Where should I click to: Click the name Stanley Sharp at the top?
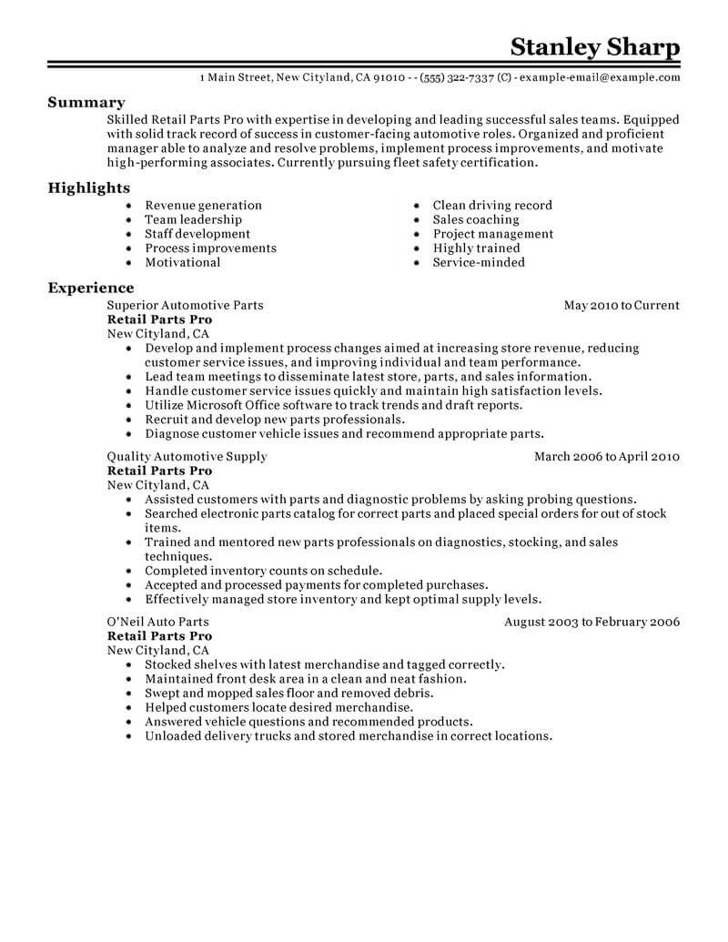[x=594, y=46]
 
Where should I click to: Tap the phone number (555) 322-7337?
[x=465, y=78]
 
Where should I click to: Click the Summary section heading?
[x=86, y=103]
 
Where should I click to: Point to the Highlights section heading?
[x=89, y=187]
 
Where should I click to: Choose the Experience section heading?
[x=91, y=289]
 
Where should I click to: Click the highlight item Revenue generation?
[x=203, y=206]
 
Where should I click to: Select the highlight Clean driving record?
[x=491, y=206]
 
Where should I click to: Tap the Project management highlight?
[x=492, y=234]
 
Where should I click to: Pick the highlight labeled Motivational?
[x=183, y=262]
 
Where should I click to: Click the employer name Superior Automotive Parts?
[x=185, y=306]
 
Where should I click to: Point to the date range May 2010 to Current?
[x=622, y=306]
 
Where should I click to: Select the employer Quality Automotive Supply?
[x=187, y=457]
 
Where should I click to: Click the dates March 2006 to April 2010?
[x=606, y=457]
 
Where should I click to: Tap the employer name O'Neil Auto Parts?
[x=159, y=623]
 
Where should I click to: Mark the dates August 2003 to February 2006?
[x=591, y=623]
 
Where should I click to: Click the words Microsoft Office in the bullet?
[x=230, y=405]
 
